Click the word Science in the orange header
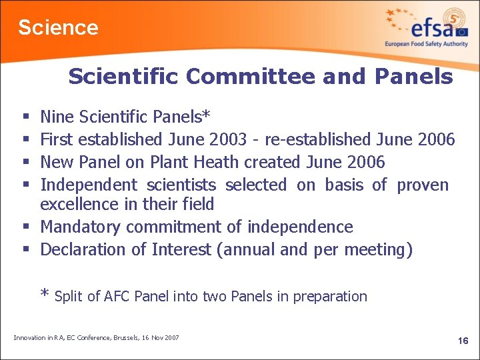point(58,27)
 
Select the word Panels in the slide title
point(413,77)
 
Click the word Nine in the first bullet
point(57,117)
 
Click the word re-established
point(317,139)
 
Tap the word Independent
point(89,185)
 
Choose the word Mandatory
point(81,227)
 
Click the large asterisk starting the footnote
point(45,295)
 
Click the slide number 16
point(463,341)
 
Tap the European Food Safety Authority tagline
point(426,44)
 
